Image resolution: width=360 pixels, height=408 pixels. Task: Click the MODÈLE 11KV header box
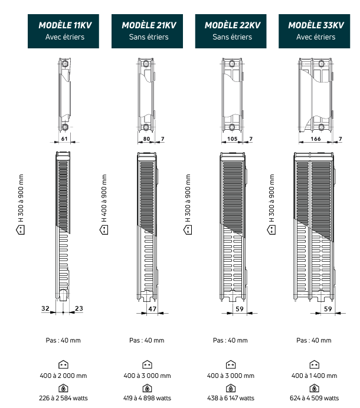coord(65,31)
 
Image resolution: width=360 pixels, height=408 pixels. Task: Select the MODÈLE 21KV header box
coord(149,31)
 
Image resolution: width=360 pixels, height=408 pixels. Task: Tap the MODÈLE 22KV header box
coord(232,31)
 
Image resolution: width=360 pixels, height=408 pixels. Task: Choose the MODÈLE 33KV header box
coord(316,31)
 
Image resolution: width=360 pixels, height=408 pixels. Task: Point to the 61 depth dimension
coord(64,139)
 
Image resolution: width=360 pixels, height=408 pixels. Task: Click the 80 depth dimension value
coord(147,139)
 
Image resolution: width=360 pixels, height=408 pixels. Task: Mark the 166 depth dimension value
coord(315,139)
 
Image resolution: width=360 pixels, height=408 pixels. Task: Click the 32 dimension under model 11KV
coord(46,308)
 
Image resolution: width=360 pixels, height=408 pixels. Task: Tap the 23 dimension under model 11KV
coord(80,308)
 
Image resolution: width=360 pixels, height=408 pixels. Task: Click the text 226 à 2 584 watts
coord(64,398)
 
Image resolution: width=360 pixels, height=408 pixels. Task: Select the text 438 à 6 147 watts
coord(231,398)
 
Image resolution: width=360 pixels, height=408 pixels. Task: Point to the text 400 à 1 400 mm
coord(315,376)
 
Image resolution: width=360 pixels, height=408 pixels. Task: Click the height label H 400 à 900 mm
coord(104,198)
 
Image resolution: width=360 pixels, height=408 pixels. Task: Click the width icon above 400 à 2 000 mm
coord(64,365)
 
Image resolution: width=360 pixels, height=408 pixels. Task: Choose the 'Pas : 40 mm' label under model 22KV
coord(231,340)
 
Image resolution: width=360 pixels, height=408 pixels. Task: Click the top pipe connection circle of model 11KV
coord(64,64)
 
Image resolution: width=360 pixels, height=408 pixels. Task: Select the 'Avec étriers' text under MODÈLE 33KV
coord(315,37)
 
